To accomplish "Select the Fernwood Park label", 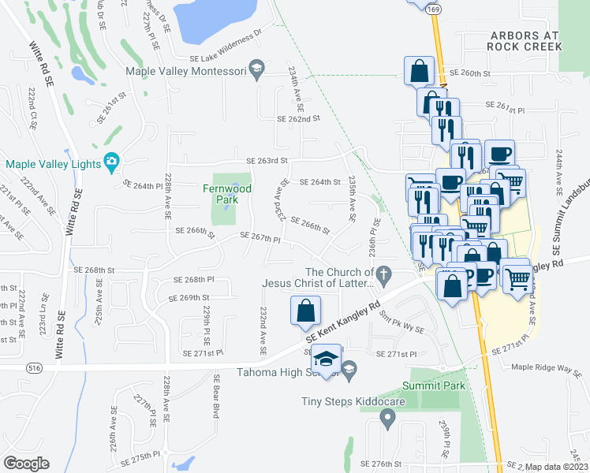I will click(226, 194).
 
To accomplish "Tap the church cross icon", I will click(383, 276).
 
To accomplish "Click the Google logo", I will click(26, 463).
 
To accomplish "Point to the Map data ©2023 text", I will click(556, 467).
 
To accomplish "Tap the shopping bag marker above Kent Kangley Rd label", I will click(305, 311).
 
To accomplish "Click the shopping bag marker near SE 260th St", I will click(419, 70).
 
